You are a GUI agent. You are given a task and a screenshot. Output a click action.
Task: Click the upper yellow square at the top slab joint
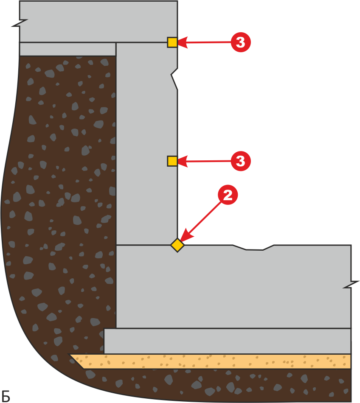click(x=172, y=42)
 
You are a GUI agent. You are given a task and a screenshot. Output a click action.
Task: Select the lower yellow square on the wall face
click(x=172, y=161)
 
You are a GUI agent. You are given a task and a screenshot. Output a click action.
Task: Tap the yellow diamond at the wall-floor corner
click(x=177, y=245)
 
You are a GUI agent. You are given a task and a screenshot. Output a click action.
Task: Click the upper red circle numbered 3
click(x=241, y=42)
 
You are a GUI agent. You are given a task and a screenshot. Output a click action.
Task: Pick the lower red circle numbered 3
click(x=241, y=161)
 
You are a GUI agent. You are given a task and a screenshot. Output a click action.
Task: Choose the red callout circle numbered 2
click(x=228, y=195)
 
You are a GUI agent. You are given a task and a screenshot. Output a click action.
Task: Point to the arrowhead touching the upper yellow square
click(x=182, y=42)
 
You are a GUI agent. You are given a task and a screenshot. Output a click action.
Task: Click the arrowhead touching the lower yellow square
click(x=182, y=161)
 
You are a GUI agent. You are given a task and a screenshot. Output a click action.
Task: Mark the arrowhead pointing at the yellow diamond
click(x=186, y=235)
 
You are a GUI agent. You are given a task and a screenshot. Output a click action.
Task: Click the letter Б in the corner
click(x=6, y=396)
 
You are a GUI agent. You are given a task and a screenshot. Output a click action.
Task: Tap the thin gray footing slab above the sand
click(x=228, y=341)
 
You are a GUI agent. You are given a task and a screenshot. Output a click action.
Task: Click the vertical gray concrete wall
click(x=147, y=143)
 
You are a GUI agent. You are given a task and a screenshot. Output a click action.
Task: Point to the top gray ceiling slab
click(x=98, y=21)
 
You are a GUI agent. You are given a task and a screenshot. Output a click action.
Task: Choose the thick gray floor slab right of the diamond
click(x=233, y=287)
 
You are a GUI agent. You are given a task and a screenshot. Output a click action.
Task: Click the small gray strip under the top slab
click(x=67, y=49)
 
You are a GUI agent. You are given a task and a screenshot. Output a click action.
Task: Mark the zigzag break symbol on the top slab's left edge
click(x=20, y=23)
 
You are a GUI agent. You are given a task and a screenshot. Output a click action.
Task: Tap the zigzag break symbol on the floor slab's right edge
click(x=351, y=285)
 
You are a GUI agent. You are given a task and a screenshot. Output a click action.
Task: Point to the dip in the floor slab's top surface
click(x=253, y=247)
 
